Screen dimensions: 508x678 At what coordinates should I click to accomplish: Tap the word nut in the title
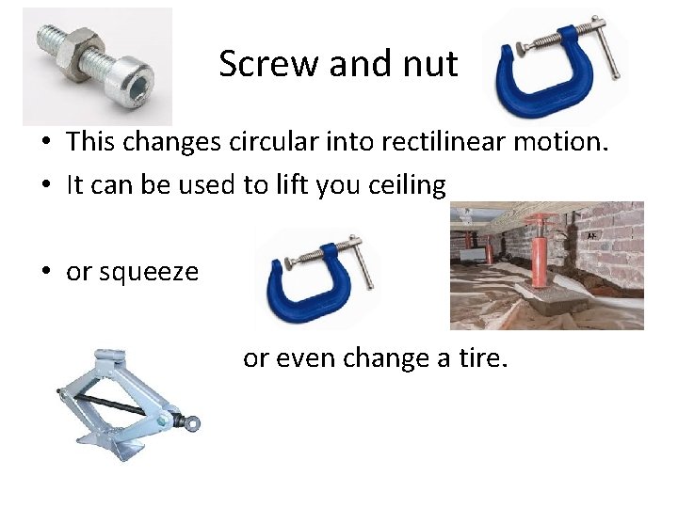tap(428, 64)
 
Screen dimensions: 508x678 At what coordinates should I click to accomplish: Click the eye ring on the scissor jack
tap(194, 422)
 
